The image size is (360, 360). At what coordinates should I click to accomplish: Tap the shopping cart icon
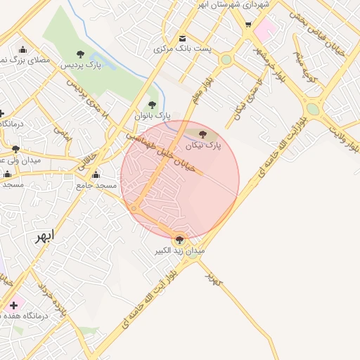coord(248,25)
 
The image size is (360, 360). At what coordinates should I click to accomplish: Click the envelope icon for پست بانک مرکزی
coord(183,38)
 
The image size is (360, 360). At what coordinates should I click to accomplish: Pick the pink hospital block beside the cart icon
coord(265,30)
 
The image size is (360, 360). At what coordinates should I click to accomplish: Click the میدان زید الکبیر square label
coord(180,250)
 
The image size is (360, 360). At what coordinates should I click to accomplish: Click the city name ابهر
coord(44,236)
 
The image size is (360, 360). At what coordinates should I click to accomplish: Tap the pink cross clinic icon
coord(13,305)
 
